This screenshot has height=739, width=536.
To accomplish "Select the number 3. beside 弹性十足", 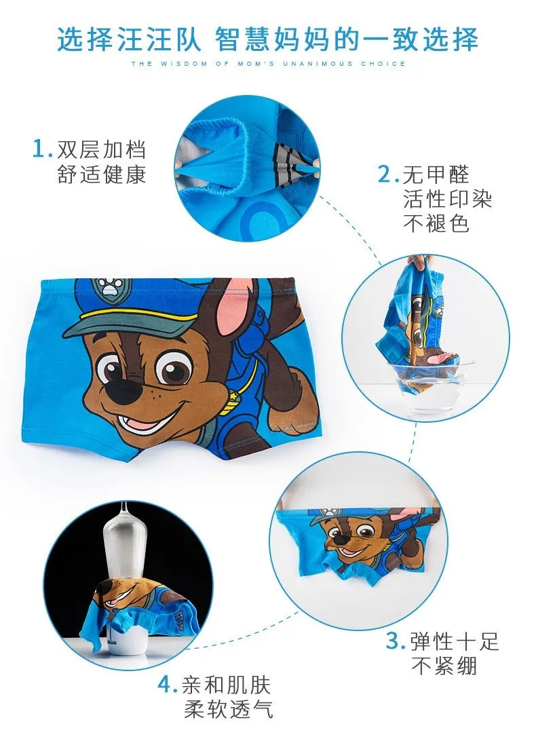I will pyautogui.click(x=396, y=641).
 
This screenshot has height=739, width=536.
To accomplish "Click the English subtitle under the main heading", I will pyautogui.click(x=268, y=64).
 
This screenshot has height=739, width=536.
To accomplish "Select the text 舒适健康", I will pyautogui.click(x=102, y=174).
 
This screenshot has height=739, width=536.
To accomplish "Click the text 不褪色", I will pyautogui.click(x=436, y=223).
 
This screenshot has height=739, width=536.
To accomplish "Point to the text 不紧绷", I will pyautogui.click(x=444, y=666).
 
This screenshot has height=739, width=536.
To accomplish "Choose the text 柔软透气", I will pyautogui.click(x=228, y=709).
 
